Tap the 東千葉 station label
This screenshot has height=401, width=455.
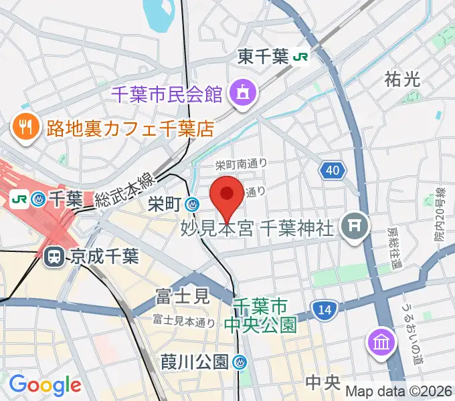[x=264, y=57]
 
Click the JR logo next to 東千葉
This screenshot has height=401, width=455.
[x=300, y=57]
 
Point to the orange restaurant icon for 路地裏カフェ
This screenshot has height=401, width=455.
[x=25, y=127]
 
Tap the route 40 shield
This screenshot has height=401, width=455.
[x=333, y=171]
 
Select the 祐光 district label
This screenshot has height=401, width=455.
[x=403, y=80]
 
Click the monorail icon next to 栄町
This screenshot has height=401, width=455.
[x=193, y=203]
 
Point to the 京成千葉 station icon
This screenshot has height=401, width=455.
[x=52, y=257]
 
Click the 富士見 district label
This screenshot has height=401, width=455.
[x=182, y=295]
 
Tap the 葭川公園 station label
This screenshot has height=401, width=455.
[x=195, y=362]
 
